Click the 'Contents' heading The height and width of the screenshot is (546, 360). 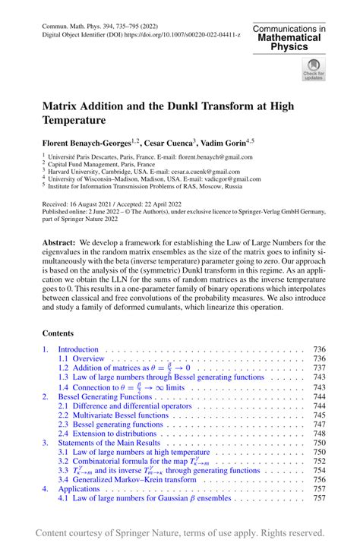(58, 333)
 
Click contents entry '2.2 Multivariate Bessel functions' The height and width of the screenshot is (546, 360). (111, 415)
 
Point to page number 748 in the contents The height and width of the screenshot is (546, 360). (319, 434)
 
